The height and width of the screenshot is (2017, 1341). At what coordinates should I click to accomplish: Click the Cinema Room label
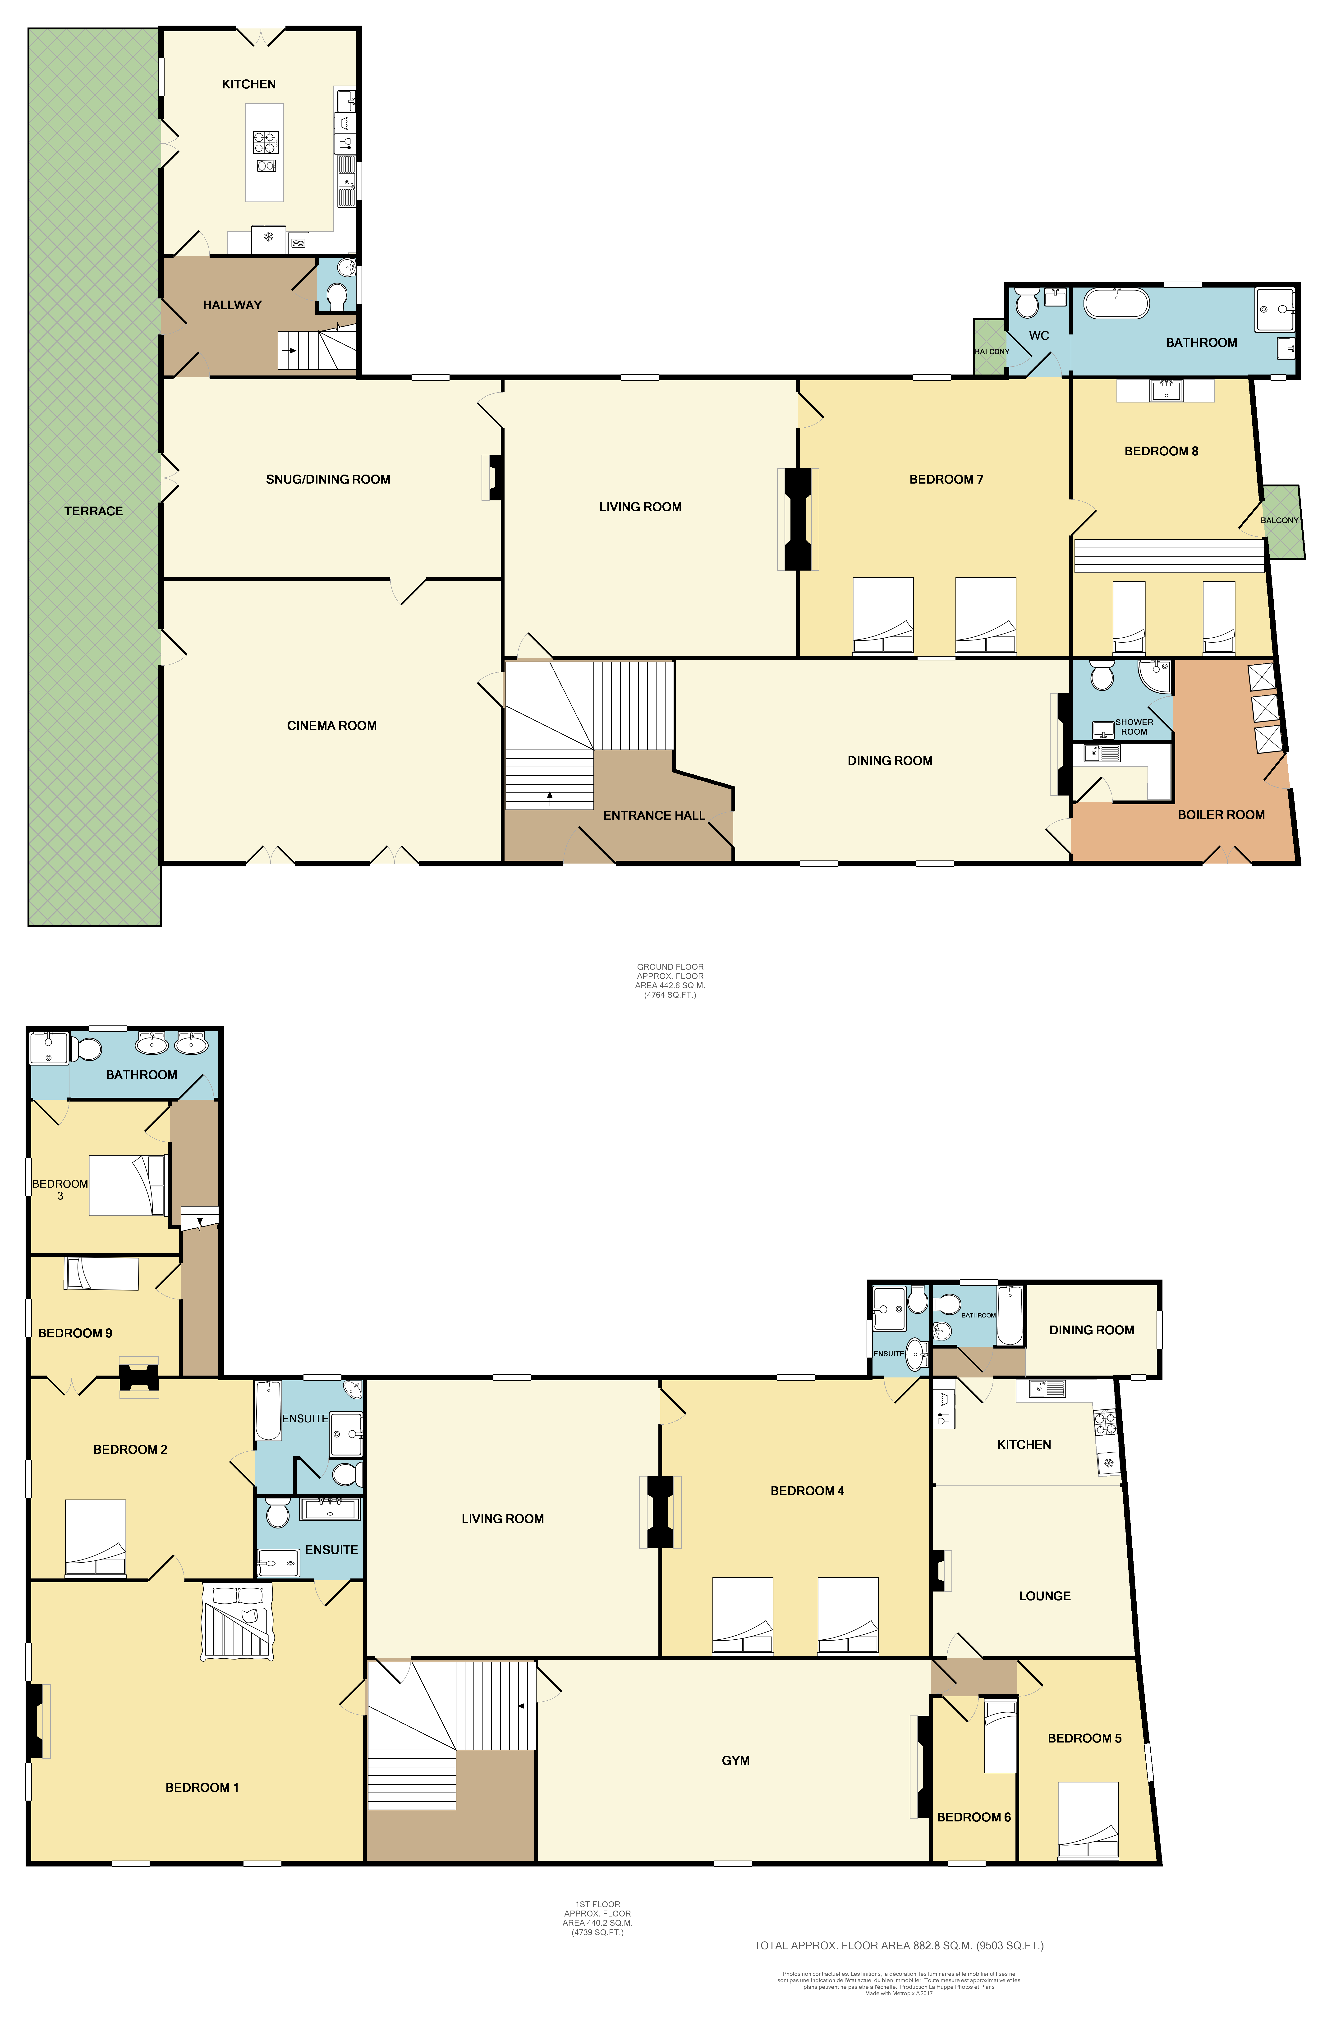tap(332, 726)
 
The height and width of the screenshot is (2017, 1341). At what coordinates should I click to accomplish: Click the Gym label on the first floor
tap(735, 1761)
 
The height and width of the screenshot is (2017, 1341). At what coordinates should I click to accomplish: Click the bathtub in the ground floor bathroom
tap(1116, 304)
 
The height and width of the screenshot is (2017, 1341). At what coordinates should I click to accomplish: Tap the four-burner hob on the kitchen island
tap(265, 141)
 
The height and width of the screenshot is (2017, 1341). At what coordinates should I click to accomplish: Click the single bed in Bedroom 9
tap(102, 1274)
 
